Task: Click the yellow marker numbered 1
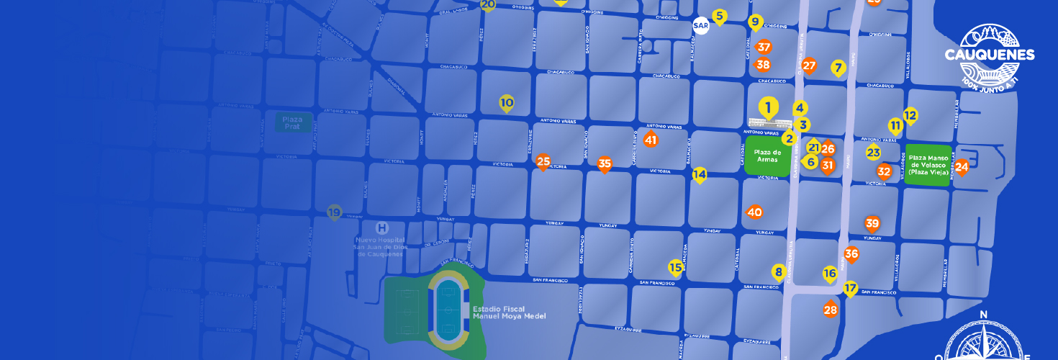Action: (x=768, y=109)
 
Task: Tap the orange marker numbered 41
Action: (x=651, y=140)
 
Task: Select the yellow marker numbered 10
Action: (x=507, y=103)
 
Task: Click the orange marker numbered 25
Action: (x=543, y=162)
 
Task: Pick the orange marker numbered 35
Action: (x=605, y=164)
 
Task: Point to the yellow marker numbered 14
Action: (x=700, y=174)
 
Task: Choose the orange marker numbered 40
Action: (x=754, y=212)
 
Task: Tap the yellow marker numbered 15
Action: (x=675, y=268)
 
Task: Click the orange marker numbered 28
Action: (x=831, y=310)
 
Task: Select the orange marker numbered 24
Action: (x=961, y=167)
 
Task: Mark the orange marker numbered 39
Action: (x=872, y=223)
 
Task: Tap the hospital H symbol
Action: (x=381, y=228)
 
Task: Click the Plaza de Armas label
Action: (x=767, y=156)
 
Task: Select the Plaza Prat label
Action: (x=292, y=122)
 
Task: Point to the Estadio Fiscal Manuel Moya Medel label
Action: (x=509, y=312)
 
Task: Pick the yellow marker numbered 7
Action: (x=837, y=68)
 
